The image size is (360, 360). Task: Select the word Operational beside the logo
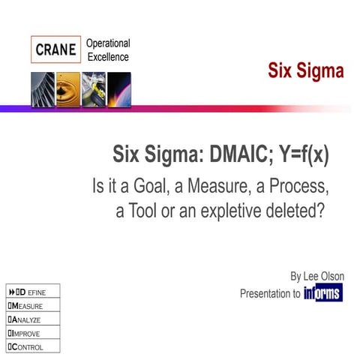tap(108, 43)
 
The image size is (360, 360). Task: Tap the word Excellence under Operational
tap(107, 57)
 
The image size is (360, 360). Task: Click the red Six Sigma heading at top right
tap(306, 72)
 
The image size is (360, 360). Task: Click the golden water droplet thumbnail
tap(67, 89)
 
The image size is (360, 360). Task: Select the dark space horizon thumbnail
tap(118, 89)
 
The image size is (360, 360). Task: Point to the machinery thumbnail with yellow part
tap(93, 89)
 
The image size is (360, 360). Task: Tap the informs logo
tap(323, 293)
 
